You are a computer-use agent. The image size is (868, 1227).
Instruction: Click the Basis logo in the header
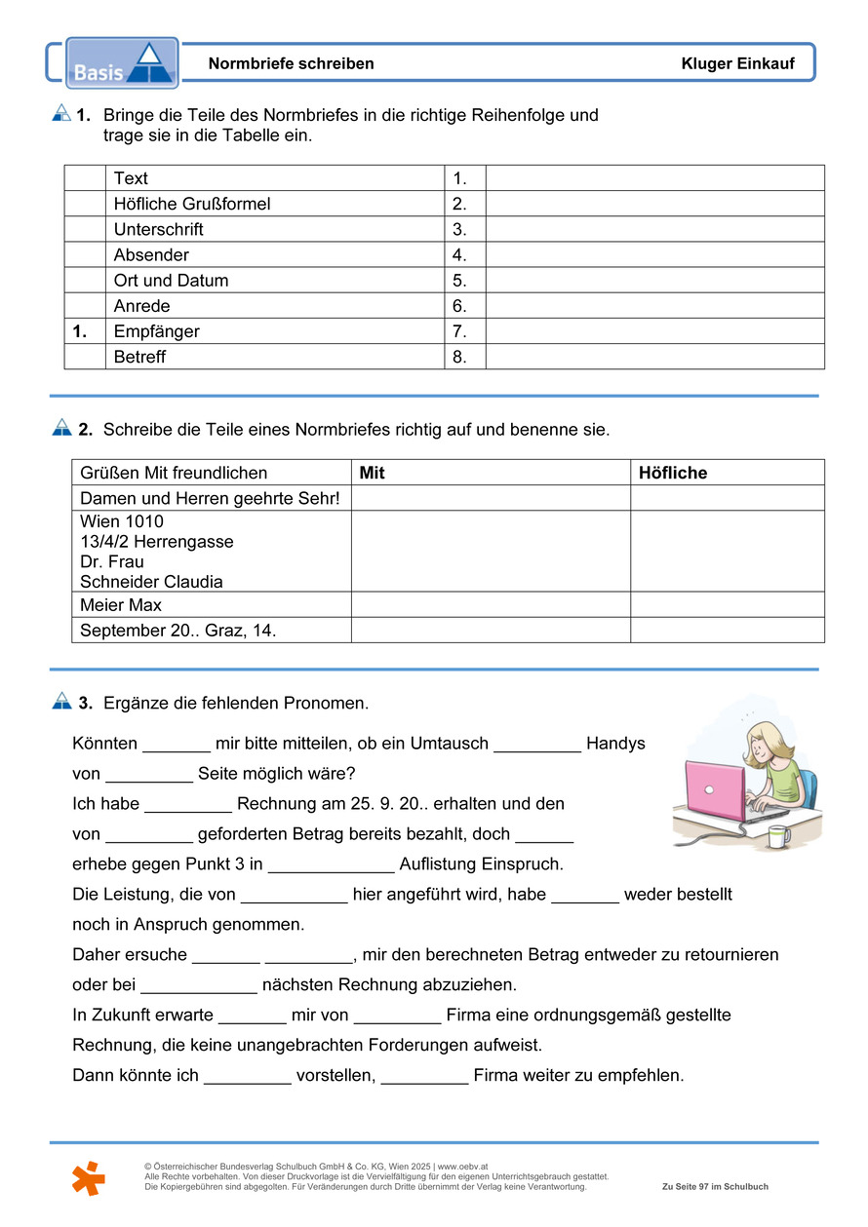point(121,62)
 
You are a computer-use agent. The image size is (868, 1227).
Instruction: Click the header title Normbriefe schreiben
point(291,64)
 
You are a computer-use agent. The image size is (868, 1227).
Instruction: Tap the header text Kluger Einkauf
point(737,64)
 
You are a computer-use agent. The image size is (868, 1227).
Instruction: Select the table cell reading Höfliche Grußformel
point(192,204)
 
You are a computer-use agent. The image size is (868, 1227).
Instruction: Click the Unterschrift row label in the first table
point(159,230)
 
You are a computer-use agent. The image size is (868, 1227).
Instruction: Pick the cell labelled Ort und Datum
point(171,281)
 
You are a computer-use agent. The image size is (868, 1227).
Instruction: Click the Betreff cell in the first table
point(139,357)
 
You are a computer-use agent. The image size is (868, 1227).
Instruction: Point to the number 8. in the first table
point(459,357)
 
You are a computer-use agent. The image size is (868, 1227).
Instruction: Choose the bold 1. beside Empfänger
point(80,331)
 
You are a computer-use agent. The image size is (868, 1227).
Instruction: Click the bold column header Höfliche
point(672,473)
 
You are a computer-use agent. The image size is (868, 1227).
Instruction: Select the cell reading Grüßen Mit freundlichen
point(174,473)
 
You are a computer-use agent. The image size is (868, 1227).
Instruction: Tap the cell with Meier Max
point(121,605)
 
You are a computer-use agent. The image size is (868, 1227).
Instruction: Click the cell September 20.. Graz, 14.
point(178,631)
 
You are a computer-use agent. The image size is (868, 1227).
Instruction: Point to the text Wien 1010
point(122,521)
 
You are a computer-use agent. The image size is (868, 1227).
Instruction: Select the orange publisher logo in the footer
point(88,1178)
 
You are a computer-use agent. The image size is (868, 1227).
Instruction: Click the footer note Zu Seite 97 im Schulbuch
point(715,1187)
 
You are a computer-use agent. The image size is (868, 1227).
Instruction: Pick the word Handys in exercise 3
point(615,744)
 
